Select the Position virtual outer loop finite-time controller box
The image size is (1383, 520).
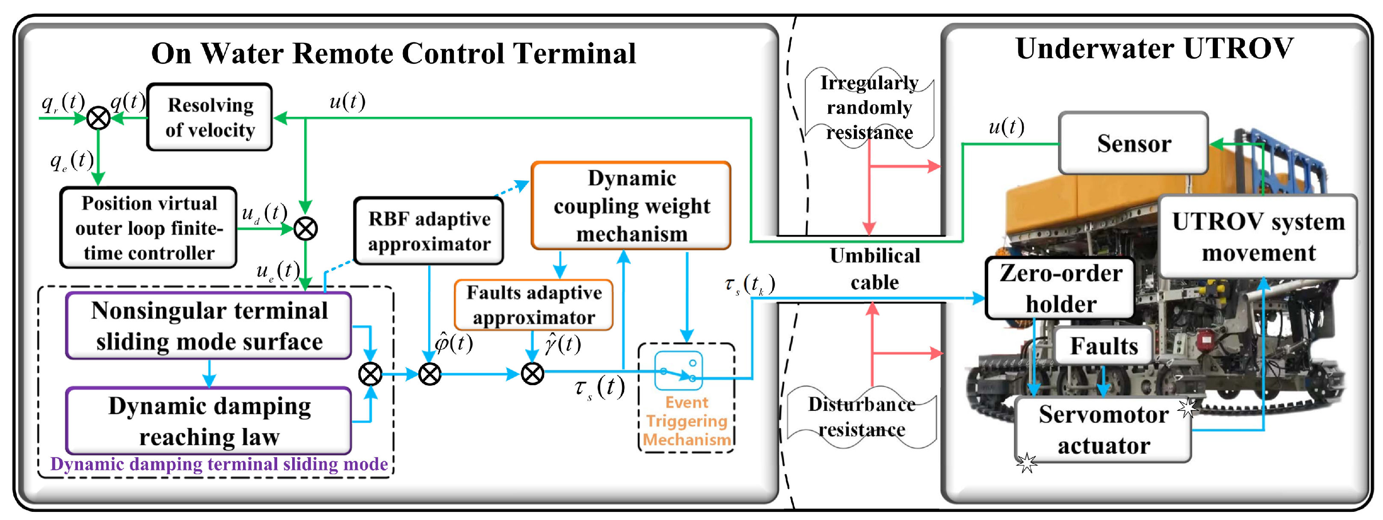click(x=149, y=228)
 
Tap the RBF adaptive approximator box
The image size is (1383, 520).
click(x=429, y=231)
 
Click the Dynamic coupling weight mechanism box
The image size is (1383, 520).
click(x=631, y=206)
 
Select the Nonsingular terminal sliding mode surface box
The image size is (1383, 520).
click(x=209, y=326)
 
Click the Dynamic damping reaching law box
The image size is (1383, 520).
click(x=209, y=421)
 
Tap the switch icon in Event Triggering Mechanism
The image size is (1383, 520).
click(x=678, y=371)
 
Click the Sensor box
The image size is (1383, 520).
click(x=1133, y=143)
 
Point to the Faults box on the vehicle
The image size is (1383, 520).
click(x=1103, y=345)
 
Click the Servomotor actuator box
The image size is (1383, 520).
click(x=1103, y=429)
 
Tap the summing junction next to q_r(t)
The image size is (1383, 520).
click(x=98, y=118)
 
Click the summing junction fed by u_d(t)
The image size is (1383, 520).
click(x=305, y=229)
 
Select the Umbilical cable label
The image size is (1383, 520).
click(x=874, y=269)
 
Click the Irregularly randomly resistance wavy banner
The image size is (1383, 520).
click(x=869, y=107)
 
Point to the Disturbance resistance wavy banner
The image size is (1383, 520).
click(x=861, y=417)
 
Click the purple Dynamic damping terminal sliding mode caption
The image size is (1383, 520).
click(x=219, y=464)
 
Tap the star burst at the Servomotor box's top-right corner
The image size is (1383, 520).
click(x=1188, y=408)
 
